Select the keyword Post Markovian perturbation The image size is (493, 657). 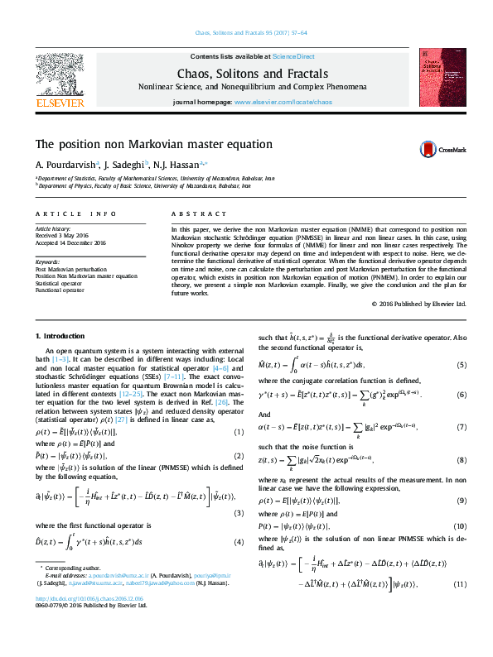[x=70, y=270]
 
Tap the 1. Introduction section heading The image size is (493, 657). [x=61, y=337]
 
